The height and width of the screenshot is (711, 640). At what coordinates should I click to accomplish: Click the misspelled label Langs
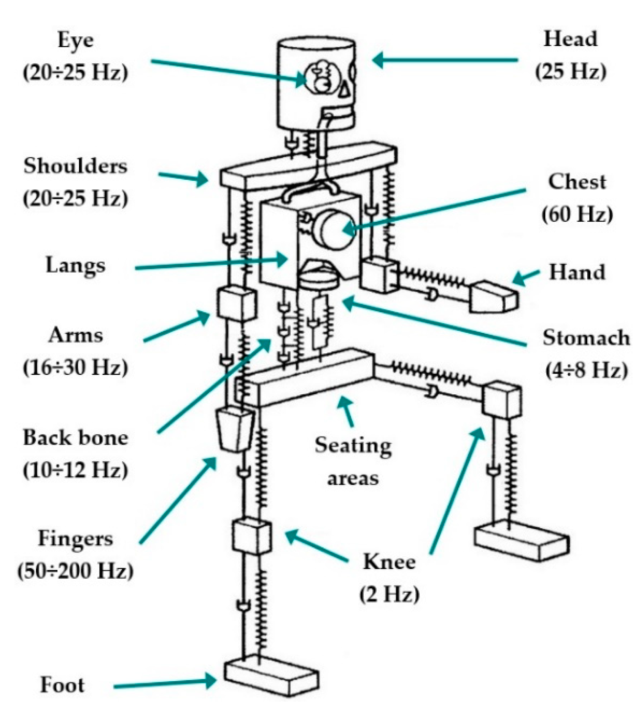click(75, 266)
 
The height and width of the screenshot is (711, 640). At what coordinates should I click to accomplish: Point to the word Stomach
click(586, 338)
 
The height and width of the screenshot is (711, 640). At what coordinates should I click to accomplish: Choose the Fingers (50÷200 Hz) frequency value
click(75, 571)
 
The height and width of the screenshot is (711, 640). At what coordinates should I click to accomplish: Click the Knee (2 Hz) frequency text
click(389, 595)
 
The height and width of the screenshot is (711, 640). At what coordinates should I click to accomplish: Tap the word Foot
click(63, 685)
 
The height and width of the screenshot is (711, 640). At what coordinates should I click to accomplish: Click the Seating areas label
click(353, 462)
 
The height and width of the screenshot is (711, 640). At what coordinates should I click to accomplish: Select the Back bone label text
click(75, 438)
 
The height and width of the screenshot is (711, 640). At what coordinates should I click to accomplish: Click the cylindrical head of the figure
click(316, 84)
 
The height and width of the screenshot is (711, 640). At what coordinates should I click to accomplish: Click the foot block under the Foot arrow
click(271, 679)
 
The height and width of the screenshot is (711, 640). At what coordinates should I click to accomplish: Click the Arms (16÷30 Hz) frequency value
click(75, 367)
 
